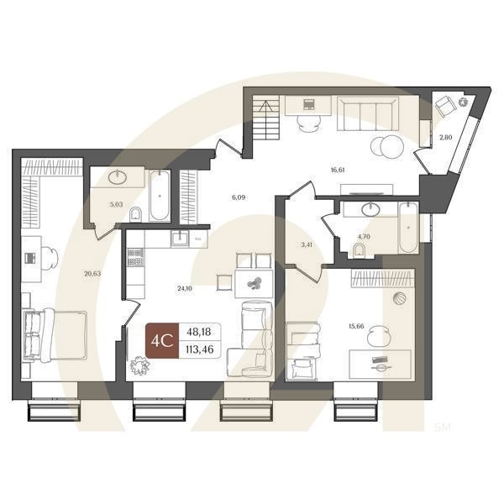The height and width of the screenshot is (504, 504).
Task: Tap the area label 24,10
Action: click(x=184, y=288)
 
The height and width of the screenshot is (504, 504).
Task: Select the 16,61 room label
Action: click(x=339, y=169)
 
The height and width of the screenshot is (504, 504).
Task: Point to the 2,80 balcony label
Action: click(x=446, y=136)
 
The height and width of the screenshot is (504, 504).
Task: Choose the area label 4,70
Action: click(x=364, y=237)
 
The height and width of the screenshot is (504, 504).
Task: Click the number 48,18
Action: click(x=200, y=333)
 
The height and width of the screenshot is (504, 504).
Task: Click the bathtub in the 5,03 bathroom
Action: click(x=159, y=195)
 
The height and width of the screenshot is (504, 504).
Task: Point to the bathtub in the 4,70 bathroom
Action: click(x=408, y=228)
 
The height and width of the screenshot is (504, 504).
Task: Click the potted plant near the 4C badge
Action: click(x=139, y=365)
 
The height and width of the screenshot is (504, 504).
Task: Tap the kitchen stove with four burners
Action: click(x=134, y=257)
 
